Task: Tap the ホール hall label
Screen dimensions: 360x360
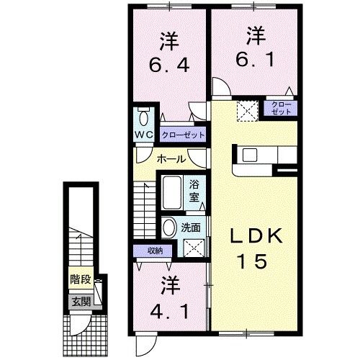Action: pos(171,158)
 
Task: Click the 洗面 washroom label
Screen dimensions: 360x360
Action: pos(192,228)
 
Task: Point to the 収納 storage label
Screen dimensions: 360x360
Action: pos(154,251)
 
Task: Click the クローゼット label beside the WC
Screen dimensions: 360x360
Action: pos(183,135)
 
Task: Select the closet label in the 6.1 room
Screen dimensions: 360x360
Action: pos(283,108)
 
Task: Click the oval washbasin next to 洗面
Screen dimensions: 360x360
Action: pos(168,228)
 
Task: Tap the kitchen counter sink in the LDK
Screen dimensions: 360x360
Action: pos(251,154)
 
